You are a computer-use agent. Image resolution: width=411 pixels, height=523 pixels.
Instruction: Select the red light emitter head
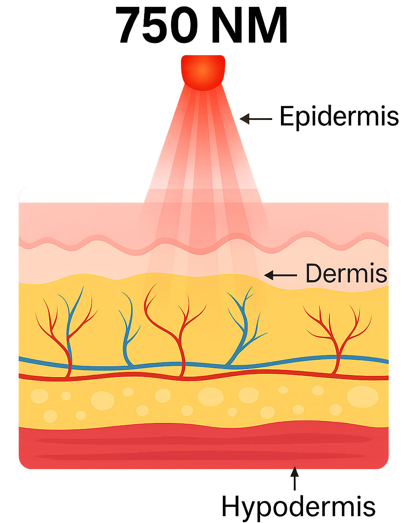click(203, 72)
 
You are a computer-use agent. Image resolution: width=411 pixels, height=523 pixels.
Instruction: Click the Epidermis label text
click(339, 117)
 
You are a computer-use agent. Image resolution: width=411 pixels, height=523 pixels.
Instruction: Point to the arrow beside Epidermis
click(256, 119)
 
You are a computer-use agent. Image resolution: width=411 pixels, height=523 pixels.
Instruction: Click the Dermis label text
click(346, 273)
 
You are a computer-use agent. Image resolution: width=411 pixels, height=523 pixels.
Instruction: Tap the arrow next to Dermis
click(281, 275)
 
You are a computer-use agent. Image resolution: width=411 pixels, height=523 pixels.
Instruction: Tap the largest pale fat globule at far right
click(362, 397)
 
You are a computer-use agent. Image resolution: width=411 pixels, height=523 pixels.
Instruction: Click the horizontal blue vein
click(204, 363)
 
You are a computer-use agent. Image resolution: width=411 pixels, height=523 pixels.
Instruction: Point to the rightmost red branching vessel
click(338, 340)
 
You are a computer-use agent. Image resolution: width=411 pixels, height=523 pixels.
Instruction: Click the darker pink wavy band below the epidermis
click(204, 244)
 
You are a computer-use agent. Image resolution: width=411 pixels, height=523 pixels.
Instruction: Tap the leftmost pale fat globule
click(39, 396)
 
